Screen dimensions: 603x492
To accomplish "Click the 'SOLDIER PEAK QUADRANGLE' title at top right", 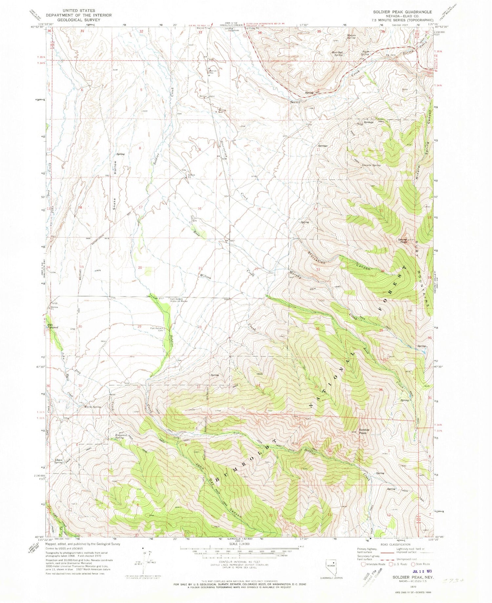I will pos(402,12).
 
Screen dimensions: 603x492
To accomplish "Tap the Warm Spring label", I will pos(92,407).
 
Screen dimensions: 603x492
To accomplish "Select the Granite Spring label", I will pos(371,165).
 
